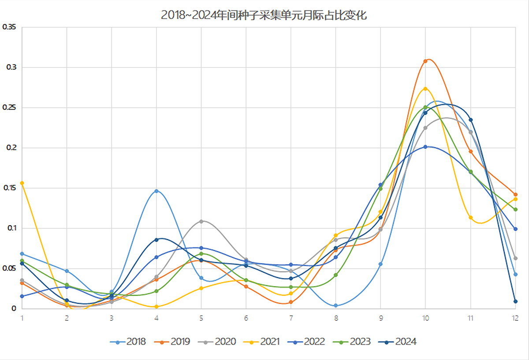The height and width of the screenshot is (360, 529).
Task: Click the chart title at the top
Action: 264,15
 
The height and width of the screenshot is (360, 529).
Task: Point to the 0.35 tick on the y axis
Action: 9,27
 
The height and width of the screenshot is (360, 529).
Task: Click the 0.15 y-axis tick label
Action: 9,188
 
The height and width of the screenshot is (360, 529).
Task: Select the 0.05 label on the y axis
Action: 9,268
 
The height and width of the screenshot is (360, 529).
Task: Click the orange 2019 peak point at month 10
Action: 425,61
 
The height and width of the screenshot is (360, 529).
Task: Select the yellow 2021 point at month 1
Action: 22,183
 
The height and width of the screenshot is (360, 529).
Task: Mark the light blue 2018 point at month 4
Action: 156,191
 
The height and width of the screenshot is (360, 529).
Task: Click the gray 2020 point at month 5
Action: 201,221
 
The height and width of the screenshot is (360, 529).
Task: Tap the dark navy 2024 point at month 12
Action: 515,301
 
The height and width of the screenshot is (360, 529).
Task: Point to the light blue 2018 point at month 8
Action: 336,305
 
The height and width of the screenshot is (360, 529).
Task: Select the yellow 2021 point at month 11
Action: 470,218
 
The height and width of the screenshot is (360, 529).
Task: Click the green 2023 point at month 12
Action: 515,209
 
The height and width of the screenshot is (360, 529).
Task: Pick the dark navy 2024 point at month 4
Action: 156,240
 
